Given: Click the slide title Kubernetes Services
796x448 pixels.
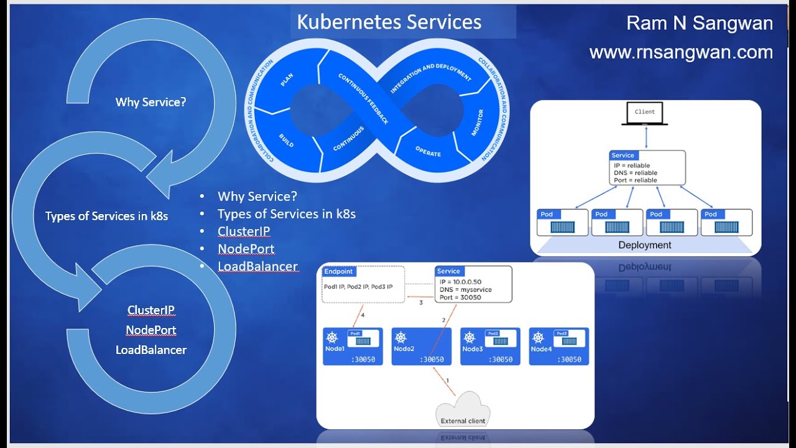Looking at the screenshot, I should (x=389, y=22).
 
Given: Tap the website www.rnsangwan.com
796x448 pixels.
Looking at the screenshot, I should (x=681, y=53).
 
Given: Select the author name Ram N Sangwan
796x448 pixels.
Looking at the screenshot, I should (x=700, y=24).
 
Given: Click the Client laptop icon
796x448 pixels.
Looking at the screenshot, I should (x=644, y=113).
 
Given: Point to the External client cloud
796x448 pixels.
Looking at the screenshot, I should (x=463, y=413).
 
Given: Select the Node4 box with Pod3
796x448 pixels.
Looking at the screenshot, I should (x=558, y=347).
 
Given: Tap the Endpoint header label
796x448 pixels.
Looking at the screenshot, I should (x=338, y=271).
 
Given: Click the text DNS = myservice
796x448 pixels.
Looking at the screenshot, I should (x=465, y=290).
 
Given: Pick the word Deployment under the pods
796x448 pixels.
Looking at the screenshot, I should (x=645, y=245).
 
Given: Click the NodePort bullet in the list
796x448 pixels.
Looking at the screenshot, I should (x=246, y=249).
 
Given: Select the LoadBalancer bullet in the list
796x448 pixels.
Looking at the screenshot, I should (x=257, y=266).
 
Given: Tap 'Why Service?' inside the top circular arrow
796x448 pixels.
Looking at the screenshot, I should (x=150, y=102).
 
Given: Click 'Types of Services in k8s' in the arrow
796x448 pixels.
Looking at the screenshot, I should (x=106, y=217).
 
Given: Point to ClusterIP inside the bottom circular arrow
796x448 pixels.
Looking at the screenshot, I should (x=150, y=310).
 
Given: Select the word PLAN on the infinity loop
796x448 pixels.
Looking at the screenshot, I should (x=287, y=80).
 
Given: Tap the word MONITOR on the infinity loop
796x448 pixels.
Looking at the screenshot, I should (x=478, y=123).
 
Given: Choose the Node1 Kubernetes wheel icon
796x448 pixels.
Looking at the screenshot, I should (x=332, y=338).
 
